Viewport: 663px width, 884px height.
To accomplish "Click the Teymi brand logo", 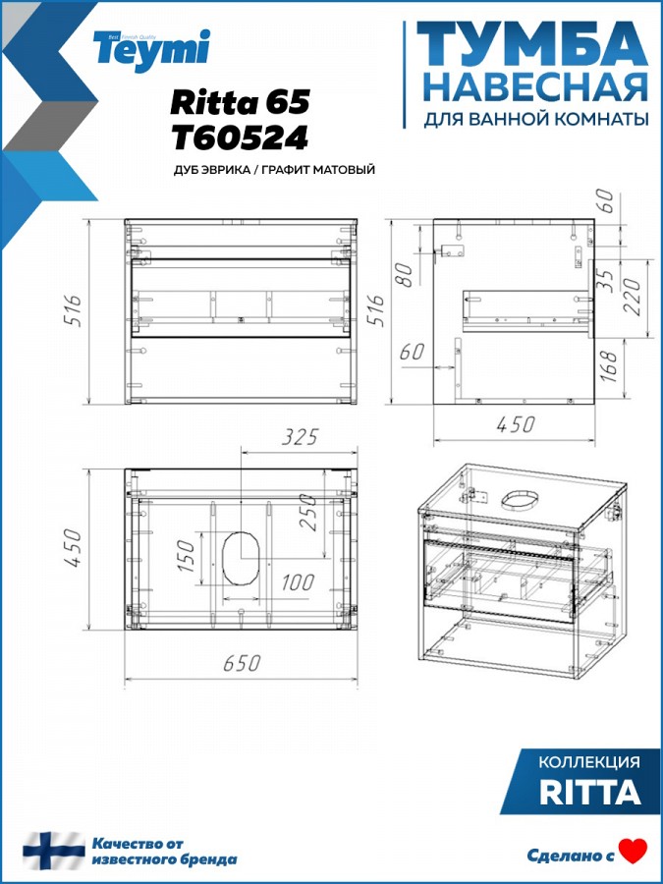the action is (151, 51).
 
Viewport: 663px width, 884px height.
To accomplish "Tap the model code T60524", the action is (241, 138).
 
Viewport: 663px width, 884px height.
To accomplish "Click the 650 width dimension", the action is (242, 664).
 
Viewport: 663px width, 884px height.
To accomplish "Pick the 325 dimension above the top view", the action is (300, 437).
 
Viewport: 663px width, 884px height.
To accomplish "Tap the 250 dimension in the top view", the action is (308, 513).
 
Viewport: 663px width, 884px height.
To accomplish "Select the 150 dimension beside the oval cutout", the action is (186, 555).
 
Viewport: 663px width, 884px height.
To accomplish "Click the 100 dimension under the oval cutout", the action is (298, 582).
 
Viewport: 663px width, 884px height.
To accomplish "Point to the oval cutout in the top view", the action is (242, 558).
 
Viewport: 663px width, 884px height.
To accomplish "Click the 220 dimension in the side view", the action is (632, 297).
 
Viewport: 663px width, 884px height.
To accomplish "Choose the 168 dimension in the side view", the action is (610, 366).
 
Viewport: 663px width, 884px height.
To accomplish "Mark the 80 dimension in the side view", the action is (406, 275).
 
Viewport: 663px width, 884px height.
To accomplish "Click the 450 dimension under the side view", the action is (516, 424).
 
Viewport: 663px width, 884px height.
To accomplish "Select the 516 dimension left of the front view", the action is (75, 310).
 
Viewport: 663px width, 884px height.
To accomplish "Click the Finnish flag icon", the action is (54, 851).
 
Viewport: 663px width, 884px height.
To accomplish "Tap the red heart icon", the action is (634, 852).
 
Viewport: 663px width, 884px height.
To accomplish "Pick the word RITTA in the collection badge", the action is (590, 792).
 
